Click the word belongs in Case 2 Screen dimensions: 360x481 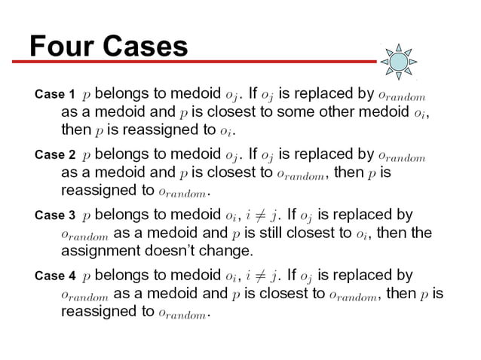pyautogui.click(x=125, y=155)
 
